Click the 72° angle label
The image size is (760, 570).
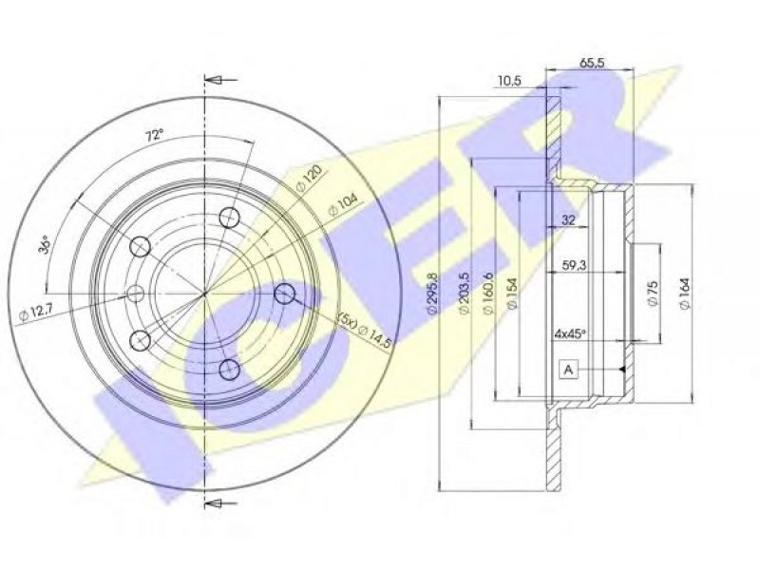click(x=155, y=136)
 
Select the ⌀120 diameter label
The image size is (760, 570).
click(x=308, y=179)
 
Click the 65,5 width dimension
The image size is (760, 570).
click(x=592, y=64)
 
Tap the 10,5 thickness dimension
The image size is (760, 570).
click(x=509, y=81)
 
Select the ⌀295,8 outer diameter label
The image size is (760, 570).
click(x=432, y=294)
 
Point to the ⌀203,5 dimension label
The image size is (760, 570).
click(x=464, y=294)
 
